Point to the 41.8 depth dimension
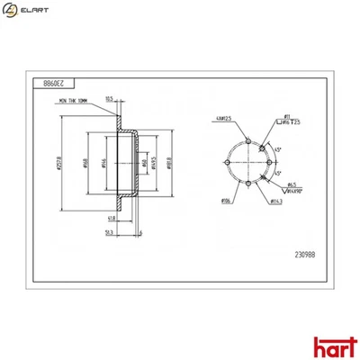110,219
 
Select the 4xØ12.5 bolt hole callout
224,118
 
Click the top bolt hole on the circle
248,140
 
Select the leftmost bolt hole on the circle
227,162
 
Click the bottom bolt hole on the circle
248,183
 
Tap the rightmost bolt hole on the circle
269,162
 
